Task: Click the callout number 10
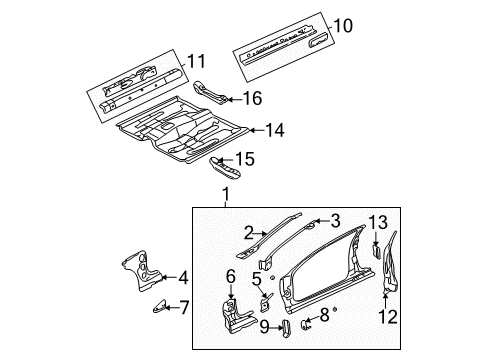point(342,26)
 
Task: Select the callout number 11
point(196,61)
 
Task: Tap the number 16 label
point(252,98)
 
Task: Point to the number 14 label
point(275,130)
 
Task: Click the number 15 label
point(245,159)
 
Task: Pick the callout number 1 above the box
point(226,194)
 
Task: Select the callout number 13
point(378,222)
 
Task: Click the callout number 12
point(388,316)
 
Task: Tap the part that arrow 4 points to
point(142,270)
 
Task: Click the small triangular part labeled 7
point(160,307)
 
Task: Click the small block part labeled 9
point(286,329)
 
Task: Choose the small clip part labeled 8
point(305,325)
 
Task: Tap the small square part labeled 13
point(376,251)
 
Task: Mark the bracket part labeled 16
point(211,92)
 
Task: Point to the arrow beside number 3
point(321,221)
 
